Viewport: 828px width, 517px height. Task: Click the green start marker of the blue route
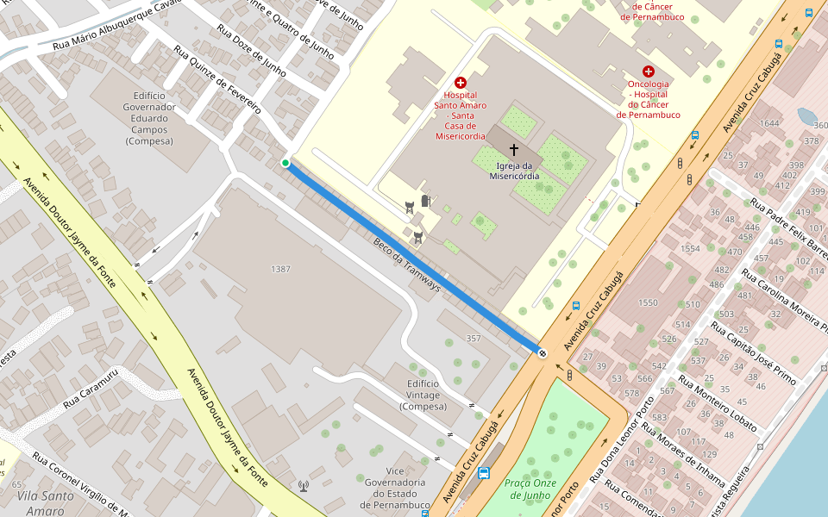285,163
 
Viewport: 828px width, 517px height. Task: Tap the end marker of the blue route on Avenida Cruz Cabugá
543,352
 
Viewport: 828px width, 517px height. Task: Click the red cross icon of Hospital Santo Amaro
461,83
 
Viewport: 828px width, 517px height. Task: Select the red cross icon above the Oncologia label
648,72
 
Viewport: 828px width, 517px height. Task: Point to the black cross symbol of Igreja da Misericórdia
514,149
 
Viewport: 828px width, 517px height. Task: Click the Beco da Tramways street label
407,265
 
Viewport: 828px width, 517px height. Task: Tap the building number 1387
280,269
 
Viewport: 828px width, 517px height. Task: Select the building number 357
473,338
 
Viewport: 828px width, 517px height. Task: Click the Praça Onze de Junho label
531,489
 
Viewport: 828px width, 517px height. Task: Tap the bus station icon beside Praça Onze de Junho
484,473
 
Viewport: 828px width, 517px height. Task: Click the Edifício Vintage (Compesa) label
423,395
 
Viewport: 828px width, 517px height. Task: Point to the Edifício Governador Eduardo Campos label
149,118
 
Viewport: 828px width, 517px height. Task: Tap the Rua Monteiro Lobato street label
718,403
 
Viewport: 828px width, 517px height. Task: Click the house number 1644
769,124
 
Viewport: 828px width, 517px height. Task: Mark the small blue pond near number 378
807,116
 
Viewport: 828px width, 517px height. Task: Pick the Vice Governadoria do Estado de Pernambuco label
395,487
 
